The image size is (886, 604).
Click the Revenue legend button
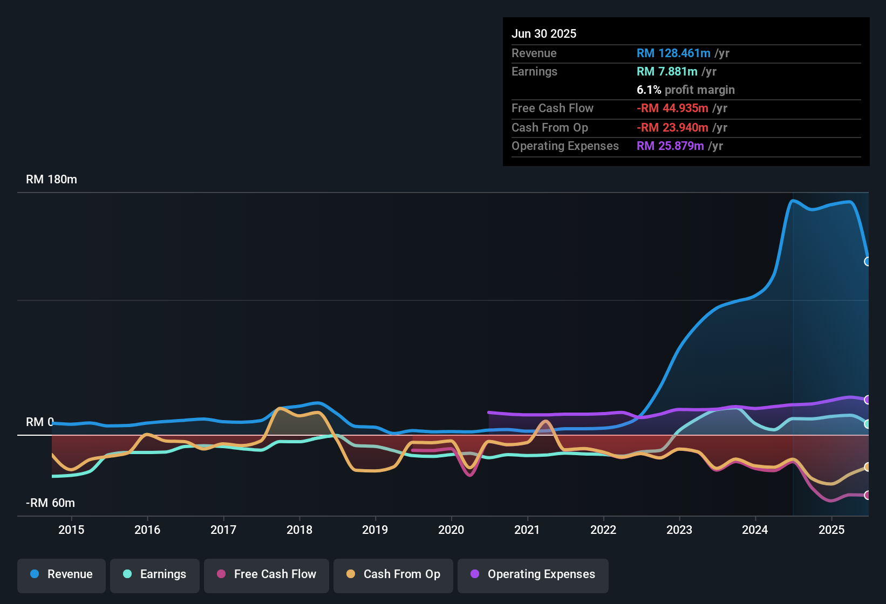coord(62,574)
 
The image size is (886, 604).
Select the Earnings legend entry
coord(155,574)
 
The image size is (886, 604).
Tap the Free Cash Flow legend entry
coord(267,574)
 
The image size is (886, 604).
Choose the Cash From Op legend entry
coord(393,574)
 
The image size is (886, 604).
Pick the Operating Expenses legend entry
coord(533,574)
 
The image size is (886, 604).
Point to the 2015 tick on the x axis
coord(71,530)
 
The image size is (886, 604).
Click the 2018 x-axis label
coord(299,530)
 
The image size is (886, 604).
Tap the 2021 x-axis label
coord(527,530)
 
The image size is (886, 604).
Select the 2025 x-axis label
coord(832,530)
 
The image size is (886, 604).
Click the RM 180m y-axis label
coord(51,180)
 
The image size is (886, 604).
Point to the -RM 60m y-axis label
coord(50,503)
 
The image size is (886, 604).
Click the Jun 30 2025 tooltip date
coord(544,33)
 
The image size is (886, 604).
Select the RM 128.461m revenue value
coord(673,53)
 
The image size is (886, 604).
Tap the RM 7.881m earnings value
coord(667,72)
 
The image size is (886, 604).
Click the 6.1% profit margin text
coord(685,90)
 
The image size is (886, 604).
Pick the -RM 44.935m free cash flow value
coord(672,108)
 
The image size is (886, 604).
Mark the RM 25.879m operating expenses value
coord(670,146)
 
